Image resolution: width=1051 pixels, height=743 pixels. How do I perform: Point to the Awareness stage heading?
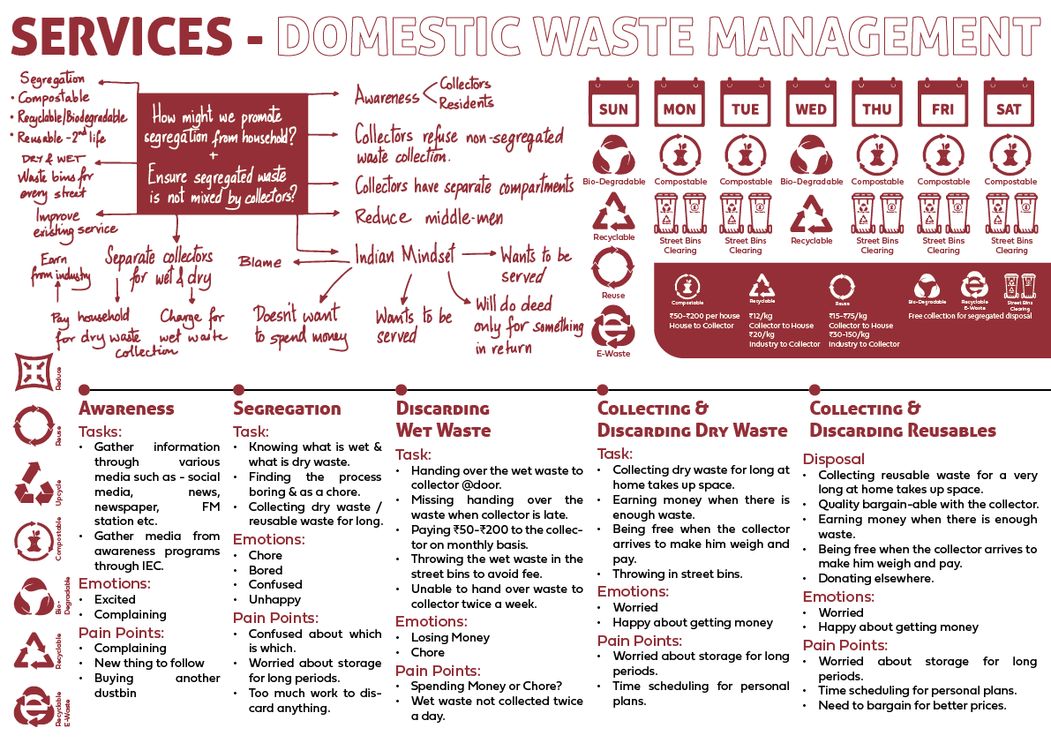pos(126,409)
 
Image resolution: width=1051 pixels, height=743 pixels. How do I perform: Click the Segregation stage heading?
pos(287,409)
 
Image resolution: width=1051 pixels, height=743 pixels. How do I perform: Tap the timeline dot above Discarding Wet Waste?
pos(402,390)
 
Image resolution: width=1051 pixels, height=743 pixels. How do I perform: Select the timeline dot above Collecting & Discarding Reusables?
pos(815,390)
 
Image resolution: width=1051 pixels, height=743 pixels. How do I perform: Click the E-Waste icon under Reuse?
pos(613,328)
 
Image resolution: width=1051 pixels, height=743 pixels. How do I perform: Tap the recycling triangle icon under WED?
pos(811,214)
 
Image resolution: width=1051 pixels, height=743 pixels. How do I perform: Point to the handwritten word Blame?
pos(260,262)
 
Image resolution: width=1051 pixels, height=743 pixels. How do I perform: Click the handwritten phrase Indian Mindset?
pos(405,255)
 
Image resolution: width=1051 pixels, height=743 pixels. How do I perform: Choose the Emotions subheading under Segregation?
pos(268,539)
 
